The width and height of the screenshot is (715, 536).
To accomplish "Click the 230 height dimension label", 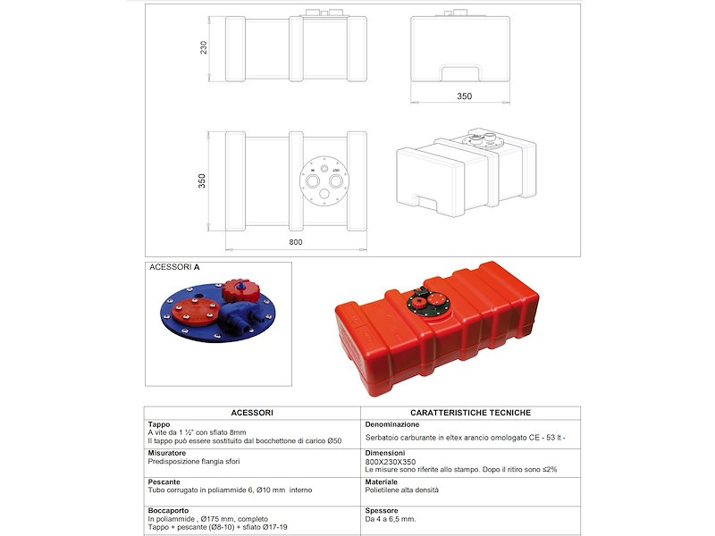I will [x=204, y=47].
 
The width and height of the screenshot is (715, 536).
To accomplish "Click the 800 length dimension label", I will [x=296, y=242].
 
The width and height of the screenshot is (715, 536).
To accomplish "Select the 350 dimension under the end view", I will [x=464, y=96].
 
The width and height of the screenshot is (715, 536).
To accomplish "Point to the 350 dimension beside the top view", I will [x=204, y=180].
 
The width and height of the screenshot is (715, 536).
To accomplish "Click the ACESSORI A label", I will [x=174, y=266].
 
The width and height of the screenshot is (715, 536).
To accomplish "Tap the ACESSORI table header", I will [x=252, y=413].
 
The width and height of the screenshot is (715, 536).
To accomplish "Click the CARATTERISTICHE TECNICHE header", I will [x=471, y=413].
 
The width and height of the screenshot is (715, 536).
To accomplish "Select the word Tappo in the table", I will [x=159, y=424].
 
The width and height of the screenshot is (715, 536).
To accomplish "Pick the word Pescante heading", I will [x=164, y=482].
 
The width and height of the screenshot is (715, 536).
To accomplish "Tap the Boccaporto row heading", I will [x=168, y=510].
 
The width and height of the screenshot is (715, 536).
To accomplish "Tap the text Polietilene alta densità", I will [x=402, y=490].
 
